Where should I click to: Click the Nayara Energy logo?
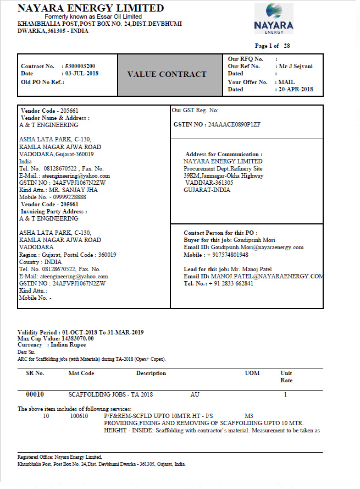click(x=273, y=18)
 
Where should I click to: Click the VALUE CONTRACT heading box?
click(x=167, y=74)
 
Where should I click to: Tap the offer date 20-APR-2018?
click(x=296, y=89)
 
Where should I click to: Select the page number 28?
click(x=287, y=46)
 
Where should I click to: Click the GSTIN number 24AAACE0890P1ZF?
click(x=234, y=124)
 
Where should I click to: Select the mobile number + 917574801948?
click(x=228, y=255)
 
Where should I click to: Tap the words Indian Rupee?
click(x=71, y=345)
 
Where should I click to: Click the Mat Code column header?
click(x=81, y=373)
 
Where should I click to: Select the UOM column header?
click(x=252, y=373)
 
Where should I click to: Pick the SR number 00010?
click(x=35, y=394)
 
